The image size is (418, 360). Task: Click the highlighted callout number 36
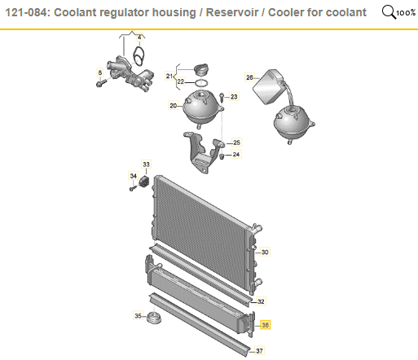[265, 325]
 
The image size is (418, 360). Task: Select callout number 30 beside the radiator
[265, 252]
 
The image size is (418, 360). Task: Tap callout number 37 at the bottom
[259, 351]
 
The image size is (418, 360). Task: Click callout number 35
[138, 315]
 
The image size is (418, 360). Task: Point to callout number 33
[146, 165]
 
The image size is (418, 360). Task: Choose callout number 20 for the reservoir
[173, 105]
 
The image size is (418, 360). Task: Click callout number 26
[249, 77]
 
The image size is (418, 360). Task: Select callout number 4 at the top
[139, 37]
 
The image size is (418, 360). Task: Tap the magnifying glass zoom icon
[389, 12]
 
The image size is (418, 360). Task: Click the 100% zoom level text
[406, 13]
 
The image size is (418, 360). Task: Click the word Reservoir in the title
[232, 12]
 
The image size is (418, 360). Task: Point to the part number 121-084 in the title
[26, 12]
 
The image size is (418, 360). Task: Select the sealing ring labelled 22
[201, 82]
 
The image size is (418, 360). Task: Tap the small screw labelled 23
[222, 97]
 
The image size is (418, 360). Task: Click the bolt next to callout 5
[101, 82]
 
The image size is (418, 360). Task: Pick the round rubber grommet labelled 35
[154, 318]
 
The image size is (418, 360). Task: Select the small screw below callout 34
[133, 188]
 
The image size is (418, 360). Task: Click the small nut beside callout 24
[222, 156]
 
